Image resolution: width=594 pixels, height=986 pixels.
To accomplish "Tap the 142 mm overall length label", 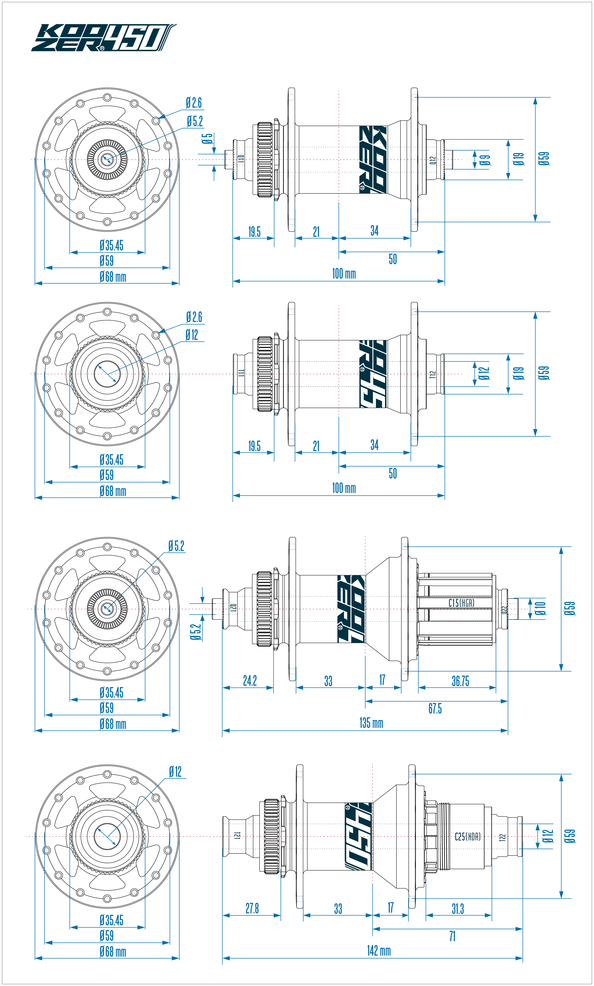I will (379, 950).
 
